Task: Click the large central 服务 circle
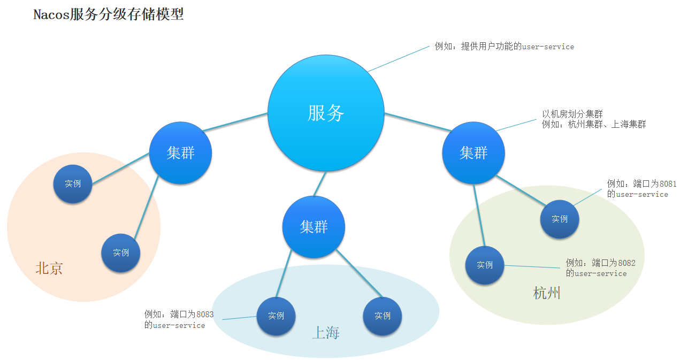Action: tap(325, 113)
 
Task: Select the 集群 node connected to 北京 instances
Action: tap(180, 154)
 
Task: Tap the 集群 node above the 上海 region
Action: tap(314, 227)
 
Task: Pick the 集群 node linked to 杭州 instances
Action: tap(473, 153)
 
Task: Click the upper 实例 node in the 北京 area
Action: tap(73, 183)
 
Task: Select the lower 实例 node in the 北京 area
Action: tap(121, 252)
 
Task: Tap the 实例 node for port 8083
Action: tap(276, 316)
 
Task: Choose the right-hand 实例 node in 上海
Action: tap(383, 316)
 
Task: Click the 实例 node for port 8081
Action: tap(560, 219)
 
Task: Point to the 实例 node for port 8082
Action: tap(485, 265)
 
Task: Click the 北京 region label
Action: tap(49, 269)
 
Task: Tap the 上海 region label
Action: tap(326, 333)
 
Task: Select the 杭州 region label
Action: tap(547, 293)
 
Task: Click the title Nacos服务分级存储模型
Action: tap(109, 14)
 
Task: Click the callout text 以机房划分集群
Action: tap(572, 114)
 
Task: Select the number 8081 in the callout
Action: tap(668, 184)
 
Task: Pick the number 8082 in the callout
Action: tap(626, 263)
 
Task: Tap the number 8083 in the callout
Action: tap(204, 315)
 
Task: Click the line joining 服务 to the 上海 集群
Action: tap(319, 183)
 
